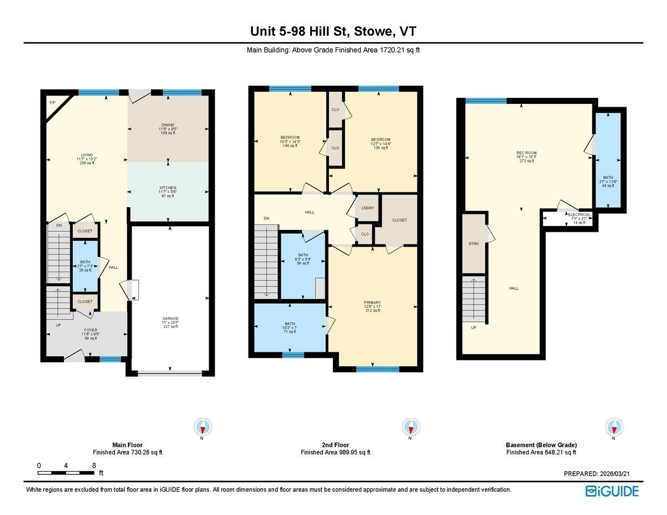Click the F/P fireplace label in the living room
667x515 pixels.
pyautogui.click(x=52, y=103)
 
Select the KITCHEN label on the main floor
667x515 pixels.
pyautogui.click(x=168, y=188)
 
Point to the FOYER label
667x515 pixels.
pyautogui.click(x=91, y=330)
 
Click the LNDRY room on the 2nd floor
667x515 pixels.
pyautogui.click(x=367, y=208)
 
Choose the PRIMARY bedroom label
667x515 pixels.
pyautogui.click(x=373, y=303)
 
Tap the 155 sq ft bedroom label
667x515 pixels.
pyautogui.click(x=381, y=139)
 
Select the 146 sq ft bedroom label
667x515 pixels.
pyautogui.click(x=290, y=138)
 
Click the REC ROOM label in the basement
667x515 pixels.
pyautogui.click(x=526, y=153)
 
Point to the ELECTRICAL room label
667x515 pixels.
pyautogui.click(x=579, y=214)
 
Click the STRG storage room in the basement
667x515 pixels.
pyautogui.click(x=474, y=243)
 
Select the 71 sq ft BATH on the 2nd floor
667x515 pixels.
pyautogui.click(x=290, y=323)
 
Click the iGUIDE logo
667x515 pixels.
pyautogui.click(x=612, y=491)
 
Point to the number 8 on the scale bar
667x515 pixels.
pyautogui.click(x=94, y=465)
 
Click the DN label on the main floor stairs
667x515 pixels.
pyautogui.click(x=59, y=225)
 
